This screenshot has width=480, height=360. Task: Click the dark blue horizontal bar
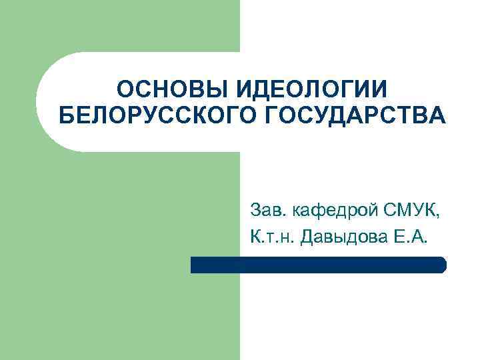click(318, 265)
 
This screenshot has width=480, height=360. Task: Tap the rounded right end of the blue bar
click(442, 265)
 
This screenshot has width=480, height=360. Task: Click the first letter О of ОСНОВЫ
click(124, 91)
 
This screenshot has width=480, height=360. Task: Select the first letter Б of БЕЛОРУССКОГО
click(67, 116)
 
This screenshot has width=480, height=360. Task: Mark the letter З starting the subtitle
click(255, 211)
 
